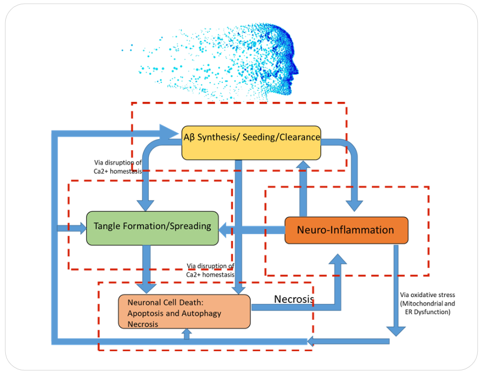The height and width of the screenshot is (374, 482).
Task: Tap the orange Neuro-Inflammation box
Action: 346,230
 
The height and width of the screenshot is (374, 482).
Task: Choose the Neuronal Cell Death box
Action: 184,311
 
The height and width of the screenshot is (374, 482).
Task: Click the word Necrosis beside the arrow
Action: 293,299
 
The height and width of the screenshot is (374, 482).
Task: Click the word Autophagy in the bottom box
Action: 202,313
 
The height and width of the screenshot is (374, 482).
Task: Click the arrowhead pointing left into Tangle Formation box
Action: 225,230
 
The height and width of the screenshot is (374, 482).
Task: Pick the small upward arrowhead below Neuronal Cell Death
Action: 186,332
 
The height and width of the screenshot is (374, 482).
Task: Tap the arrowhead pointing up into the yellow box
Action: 304,166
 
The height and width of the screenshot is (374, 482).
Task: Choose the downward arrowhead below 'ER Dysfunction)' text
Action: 396,330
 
